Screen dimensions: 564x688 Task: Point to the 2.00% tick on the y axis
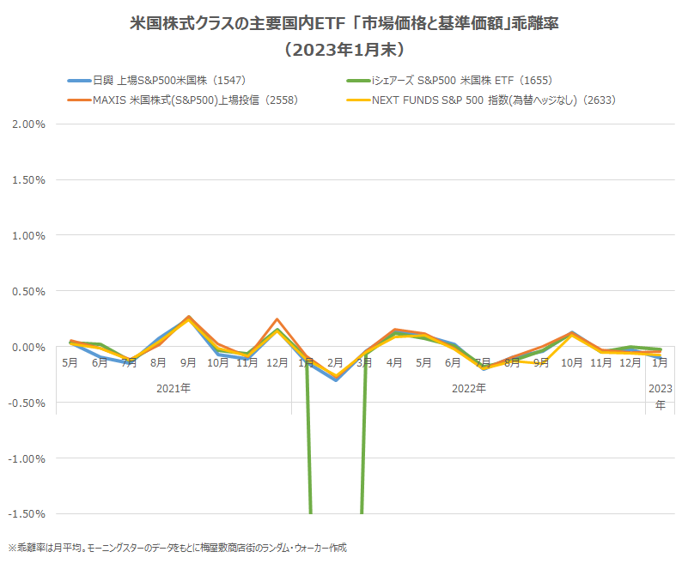[29, 124]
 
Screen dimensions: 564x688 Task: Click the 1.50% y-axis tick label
[29, 179]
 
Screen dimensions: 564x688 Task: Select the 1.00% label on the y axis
[29, 235]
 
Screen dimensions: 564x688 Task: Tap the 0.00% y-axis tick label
[29, 347]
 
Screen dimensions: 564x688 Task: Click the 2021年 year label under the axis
[174, 388]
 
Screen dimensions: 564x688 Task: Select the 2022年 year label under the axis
[469, 388]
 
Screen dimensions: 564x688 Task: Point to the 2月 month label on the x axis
[336, 363]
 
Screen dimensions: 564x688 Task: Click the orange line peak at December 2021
[277, 318]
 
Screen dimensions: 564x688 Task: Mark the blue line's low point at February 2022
[336, 379]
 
